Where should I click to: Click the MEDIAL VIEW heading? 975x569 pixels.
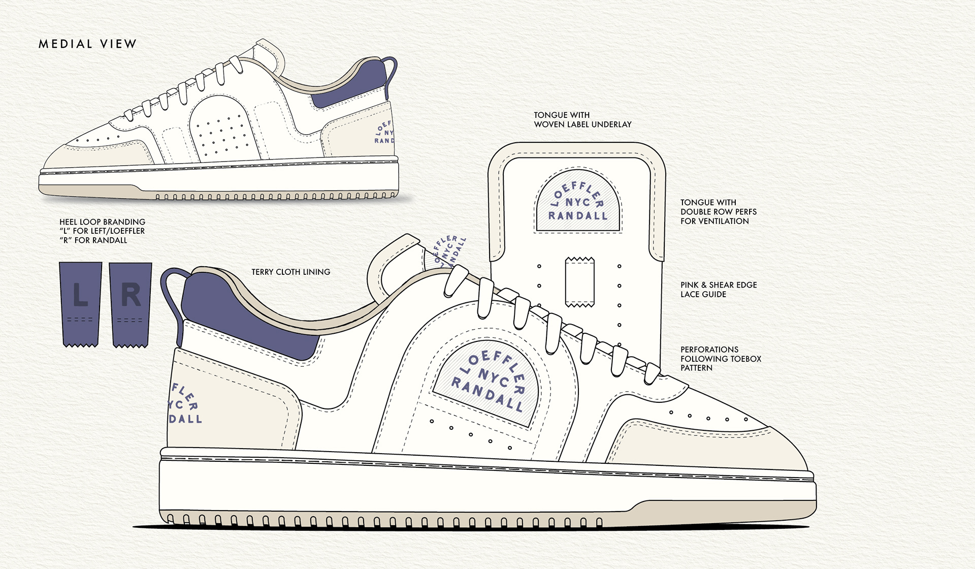click(x=87, y=44)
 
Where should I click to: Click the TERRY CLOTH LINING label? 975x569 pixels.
click(x=290, y=272)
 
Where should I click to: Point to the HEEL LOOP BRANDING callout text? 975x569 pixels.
click(x=102, y=231)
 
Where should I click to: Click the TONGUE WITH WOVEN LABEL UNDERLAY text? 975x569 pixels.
click(x=582, y=120)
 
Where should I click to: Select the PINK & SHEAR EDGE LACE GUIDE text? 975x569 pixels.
click(x=719, y=290)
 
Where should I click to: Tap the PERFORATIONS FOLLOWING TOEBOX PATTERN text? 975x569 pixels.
click(x=721, y=359)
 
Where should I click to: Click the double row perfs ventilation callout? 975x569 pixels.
click(x=718, y=212)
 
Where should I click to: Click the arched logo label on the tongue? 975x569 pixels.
click(x=578, y=202)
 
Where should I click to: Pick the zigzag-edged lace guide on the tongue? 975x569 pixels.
click(x=579, y=282)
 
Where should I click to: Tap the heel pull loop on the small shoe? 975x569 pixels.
click(x=391, y=71)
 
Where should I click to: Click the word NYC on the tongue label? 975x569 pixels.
click(x=577, y=202)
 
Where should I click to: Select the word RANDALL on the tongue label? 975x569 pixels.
click(x=578, y=216)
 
